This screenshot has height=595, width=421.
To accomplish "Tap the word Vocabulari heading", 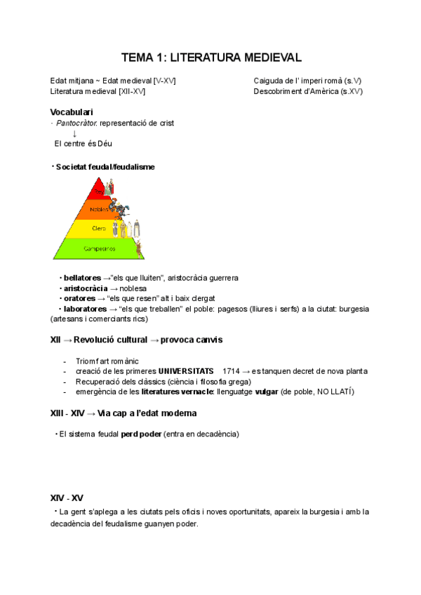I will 72,112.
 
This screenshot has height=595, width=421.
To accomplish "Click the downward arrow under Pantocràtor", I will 74,133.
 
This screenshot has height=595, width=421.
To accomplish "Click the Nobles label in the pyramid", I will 99,209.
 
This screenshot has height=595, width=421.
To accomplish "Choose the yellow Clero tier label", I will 98,228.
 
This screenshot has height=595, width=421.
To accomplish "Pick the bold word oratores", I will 79,298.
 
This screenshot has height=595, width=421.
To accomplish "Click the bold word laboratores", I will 84,309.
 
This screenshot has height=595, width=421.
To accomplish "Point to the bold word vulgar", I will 266,391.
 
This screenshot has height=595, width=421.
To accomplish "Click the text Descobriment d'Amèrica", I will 296,91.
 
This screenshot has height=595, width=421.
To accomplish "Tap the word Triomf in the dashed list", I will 86,361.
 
